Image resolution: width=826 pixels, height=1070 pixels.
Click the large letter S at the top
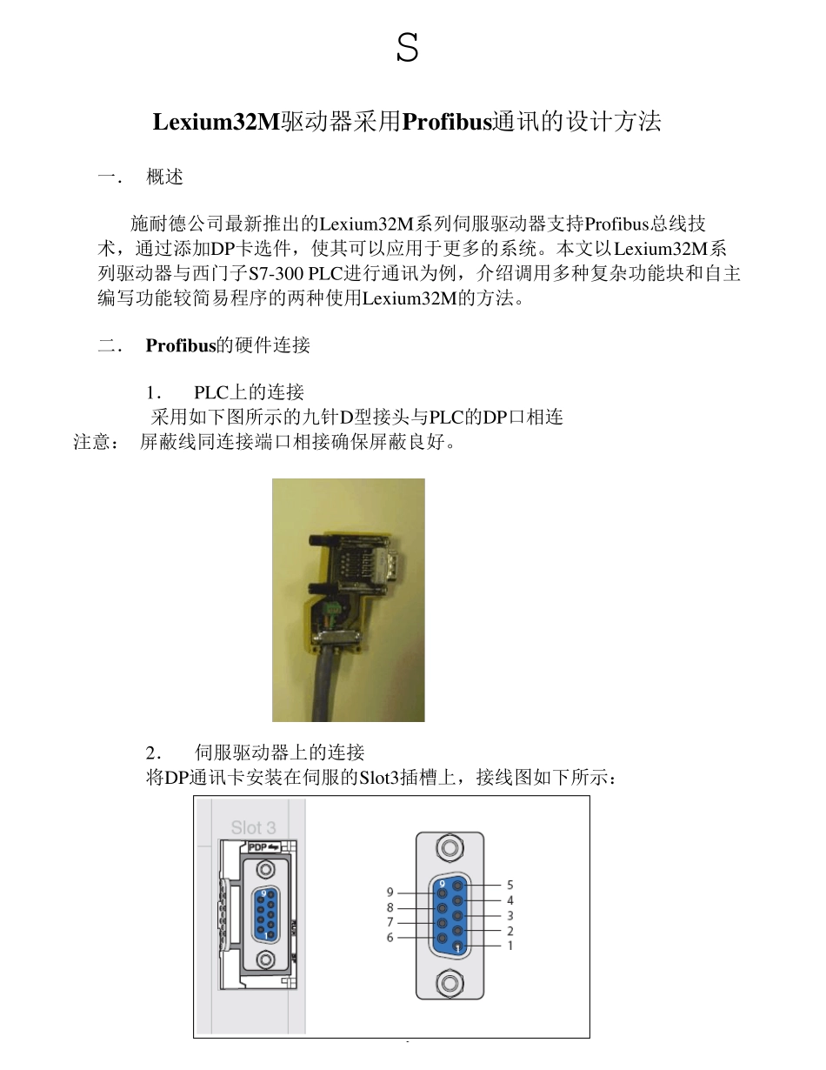pyautogui.click(x=407, y=48)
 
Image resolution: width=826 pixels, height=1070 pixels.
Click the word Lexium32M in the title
pyautogui.click(x=216, y=122)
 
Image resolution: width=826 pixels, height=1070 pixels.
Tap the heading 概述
pyautogui.click(x=165, y=177)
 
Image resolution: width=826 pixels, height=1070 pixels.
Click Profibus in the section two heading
pyautogui.click(x=180, y=345)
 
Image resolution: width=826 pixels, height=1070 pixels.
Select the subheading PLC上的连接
pyautogui.click(x=249, y=391)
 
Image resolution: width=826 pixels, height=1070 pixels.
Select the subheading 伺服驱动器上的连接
pyautogui.click(x=279, y=752)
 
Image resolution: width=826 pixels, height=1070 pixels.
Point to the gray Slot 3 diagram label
pyautogui.click(x=253, y=827)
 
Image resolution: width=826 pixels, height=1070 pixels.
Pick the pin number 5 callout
pyautogui.click(x=510, y=885)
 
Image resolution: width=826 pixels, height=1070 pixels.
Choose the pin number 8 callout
pyautogui.click(x=390, y=907)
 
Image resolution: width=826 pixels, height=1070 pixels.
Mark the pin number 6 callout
pyautogui.click(x=390, y=937)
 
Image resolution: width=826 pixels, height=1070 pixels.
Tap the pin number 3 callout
pyautogui.click(x=510, y=915)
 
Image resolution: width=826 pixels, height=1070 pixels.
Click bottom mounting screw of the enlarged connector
pyautogui.click(x=450, y=984)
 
